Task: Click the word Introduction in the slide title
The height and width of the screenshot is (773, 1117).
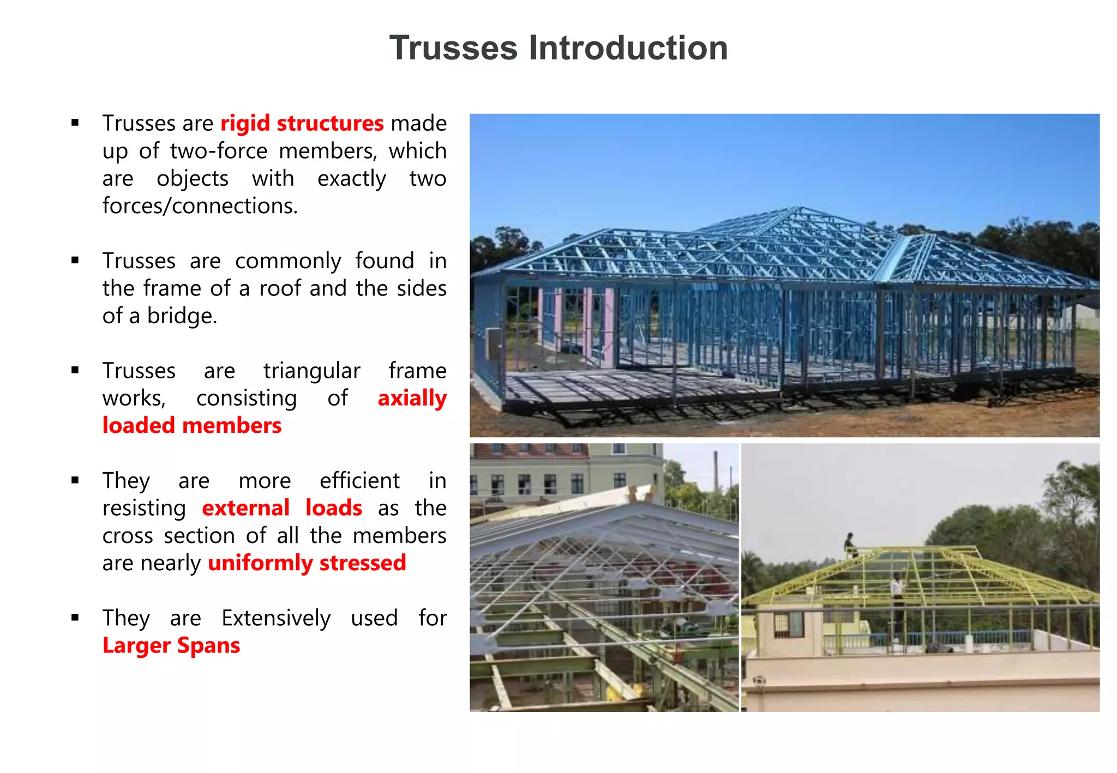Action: tap(628, 48)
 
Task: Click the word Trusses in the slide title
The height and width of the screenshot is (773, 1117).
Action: tap(453, 48)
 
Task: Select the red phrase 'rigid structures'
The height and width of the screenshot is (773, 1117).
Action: tap(302, 124)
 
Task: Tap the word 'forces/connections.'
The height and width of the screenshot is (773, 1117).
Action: tap(200, 206)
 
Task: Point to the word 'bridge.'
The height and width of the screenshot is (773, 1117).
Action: tap(182, 316)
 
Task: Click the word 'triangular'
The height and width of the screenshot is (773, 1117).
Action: tap(311, 371)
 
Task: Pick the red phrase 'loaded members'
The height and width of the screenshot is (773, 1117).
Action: tap(192, 426)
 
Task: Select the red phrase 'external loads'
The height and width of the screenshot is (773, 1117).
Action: tap(281, 508)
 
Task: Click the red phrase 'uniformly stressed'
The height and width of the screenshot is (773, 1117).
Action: tap(307, 563)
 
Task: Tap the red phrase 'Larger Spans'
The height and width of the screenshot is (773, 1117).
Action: tap(171, 645)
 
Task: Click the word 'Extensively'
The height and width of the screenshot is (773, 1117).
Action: tap(276, 618)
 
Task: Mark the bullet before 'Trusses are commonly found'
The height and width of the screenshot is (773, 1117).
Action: tap(75, 261)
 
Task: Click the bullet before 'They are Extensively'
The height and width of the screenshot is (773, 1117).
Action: tap(75, 618)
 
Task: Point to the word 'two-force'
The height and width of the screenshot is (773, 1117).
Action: tap(219, 151)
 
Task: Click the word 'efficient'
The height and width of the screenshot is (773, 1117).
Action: tap(359, 481)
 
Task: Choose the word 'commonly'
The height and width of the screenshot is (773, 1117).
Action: tap(288, 261)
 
